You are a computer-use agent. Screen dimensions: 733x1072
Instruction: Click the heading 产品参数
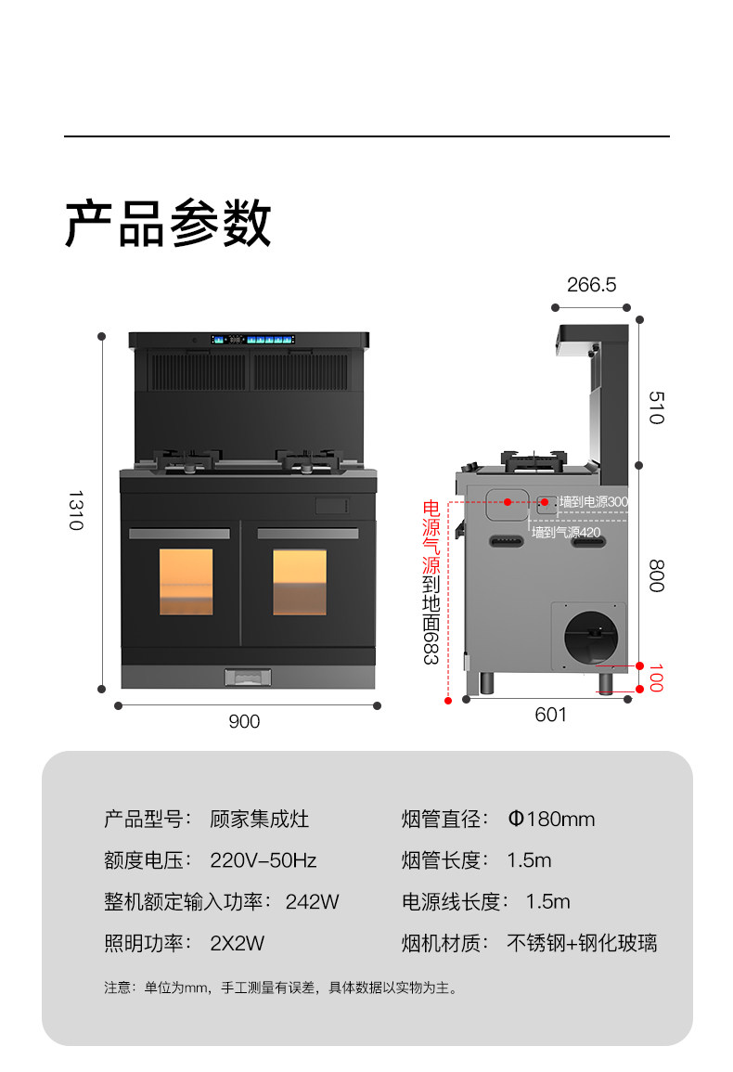tap(168, 224)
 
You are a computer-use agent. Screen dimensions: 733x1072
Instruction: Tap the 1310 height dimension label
tap(75, 510)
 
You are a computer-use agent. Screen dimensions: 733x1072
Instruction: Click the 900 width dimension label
tap(245, 721)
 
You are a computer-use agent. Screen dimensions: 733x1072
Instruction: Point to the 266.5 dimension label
tap(591, 285)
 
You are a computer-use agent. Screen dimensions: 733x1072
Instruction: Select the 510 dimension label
tap(656, 407)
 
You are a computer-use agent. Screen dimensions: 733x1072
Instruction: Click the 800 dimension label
tap(656, 576)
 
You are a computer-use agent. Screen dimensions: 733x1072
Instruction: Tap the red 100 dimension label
tap(656, 678)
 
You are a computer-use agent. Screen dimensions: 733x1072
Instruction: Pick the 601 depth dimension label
tap(550, 715)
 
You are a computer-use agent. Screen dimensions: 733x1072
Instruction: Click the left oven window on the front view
tap(186, 582)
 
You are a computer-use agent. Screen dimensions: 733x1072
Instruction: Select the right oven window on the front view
tap(300, 582)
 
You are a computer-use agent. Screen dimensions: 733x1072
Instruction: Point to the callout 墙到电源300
tap(594, 502)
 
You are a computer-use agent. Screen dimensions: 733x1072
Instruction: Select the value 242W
tap(312, 901)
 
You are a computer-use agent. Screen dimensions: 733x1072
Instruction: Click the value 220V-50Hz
tap(264, 860)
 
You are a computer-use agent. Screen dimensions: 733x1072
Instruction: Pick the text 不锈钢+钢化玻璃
tap(582, 943)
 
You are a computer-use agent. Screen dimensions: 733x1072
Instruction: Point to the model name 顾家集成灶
tap(260, 820)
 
